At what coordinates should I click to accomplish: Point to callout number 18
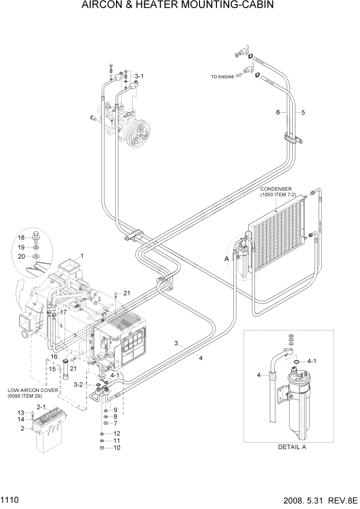(x=21, y=238)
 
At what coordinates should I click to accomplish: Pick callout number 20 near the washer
(x=21, y=256)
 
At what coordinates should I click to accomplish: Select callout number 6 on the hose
(x=278, y=112)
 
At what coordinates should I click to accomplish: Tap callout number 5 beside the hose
(x=303, y=112)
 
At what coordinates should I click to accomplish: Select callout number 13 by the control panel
(x=21, y=413)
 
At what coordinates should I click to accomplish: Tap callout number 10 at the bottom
(x=116, y=447)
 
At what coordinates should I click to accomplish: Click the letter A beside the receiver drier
(x=226, y=260)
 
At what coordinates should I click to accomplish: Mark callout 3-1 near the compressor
(x=139, y=76)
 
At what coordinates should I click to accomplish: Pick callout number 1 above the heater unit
(x=81, y=256)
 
